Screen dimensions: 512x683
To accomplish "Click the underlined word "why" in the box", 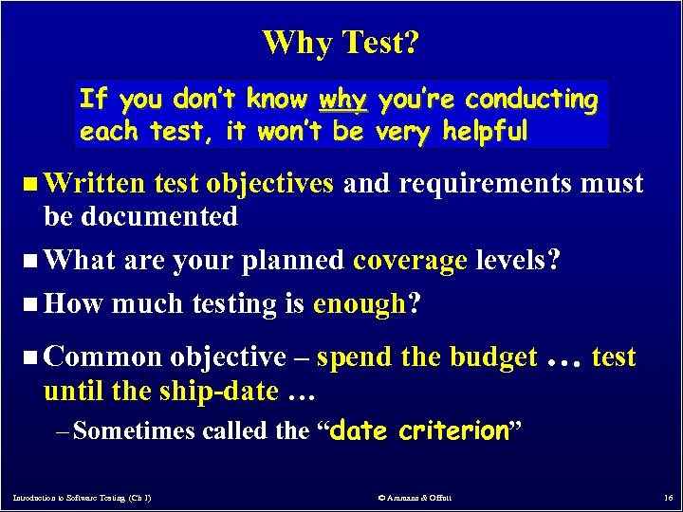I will [342, 100].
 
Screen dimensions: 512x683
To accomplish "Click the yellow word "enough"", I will [360, 304].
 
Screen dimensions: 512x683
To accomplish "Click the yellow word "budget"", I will [493, 357].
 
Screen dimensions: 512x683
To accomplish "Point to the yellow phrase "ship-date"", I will [226, 390].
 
